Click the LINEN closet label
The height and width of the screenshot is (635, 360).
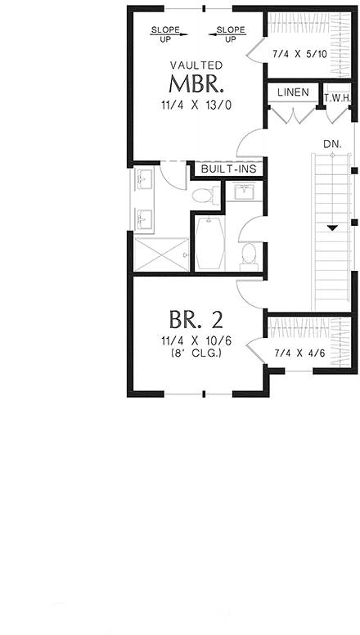coord(293,92)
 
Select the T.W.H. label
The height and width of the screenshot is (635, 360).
coord(337,97)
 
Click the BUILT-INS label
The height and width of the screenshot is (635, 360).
coord(228,169)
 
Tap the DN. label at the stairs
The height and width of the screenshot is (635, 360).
coord(332,143)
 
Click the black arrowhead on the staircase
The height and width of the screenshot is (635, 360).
coord(333,228)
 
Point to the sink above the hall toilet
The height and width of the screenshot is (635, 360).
coord(244,194)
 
